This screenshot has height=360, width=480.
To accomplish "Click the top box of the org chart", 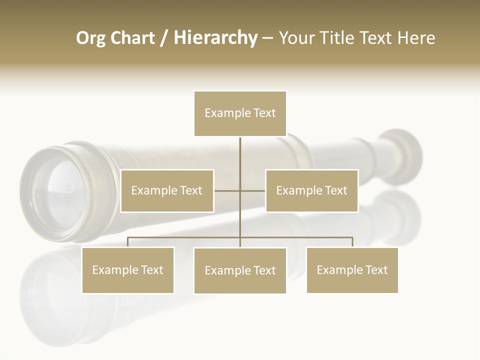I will pyautogui.click(x=240, y=113).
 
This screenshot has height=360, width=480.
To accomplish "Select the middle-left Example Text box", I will pyautogui.click(x=167, y=190).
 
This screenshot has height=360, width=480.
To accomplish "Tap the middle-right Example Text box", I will pyautogui.click(x=311, y=190).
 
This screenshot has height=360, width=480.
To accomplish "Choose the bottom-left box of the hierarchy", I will pyautogui.click(x=127, y=270).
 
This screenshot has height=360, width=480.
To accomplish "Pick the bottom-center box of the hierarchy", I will pyautogui.click(x=240, y=270).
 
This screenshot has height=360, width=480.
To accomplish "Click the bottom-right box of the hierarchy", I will pyautogui.click(x=352, y=270).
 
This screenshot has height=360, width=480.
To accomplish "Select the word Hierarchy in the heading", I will pyautogui.click(x=215, y=38).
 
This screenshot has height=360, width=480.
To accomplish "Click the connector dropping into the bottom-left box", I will pyautogui.click(x=128, y=242).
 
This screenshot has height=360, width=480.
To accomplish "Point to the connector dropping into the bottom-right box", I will pyautogui.click(x=352, y=242).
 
